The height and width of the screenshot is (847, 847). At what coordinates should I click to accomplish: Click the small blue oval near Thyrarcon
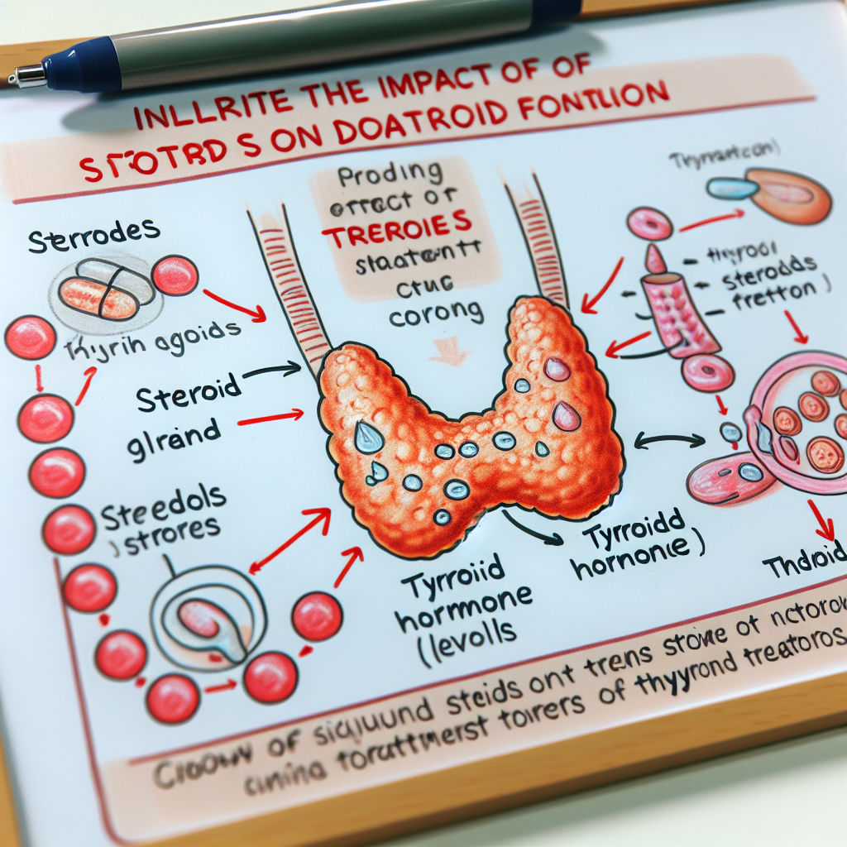[733, 189]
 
